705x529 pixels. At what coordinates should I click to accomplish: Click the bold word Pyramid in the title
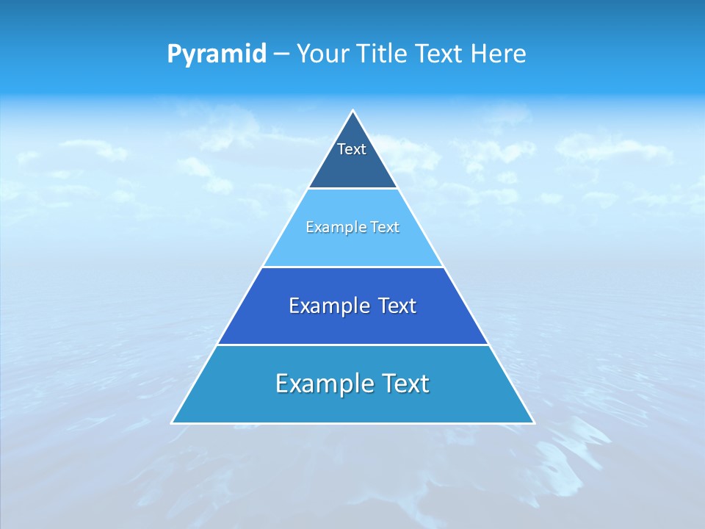click(x=217, y=54)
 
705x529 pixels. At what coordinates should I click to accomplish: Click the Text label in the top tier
click(x=352, y=149)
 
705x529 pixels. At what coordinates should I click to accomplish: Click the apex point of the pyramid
click(x=353, y=111)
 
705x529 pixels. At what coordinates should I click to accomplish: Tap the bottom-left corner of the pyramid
click(x=172, y=423)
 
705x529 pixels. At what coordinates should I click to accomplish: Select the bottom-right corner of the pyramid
click(x=534, y=423)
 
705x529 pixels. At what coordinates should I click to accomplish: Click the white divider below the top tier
click(x=353, y=189)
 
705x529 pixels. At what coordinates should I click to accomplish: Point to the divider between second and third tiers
click(x=353, y=267)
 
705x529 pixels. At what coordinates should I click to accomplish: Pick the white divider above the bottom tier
click(x=353, y=345)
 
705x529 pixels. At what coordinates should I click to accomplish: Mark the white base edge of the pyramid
click(x=353, y=423)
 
